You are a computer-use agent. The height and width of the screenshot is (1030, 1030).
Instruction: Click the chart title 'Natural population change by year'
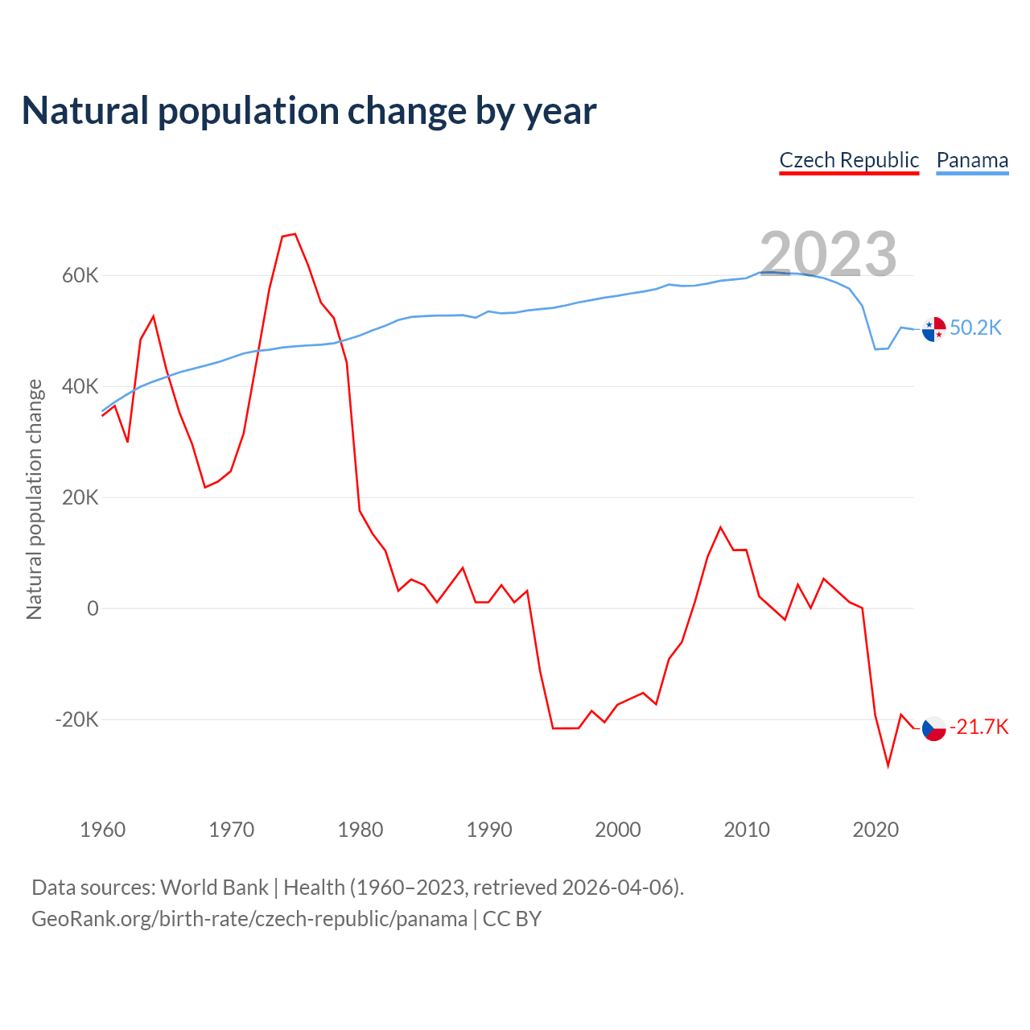point(309,111)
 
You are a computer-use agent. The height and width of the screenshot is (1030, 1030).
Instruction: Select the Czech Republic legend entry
point(849,160)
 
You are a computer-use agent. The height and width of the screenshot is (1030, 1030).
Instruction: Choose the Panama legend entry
point(972,160)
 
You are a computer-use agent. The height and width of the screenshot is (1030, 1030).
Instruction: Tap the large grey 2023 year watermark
point(828,253)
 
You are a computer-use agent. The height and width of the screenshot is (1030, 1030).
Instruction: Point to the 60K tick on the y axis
point(80,276)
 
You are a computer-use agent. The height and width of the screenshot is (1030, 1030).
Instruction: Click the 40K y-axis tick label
point(80,387)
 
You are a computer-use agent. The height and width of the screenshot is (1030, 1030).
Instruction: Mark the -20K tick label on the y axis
point(76,719)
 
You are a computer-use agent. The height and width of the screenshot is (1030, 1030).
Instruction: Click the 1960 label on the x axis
point(103,830)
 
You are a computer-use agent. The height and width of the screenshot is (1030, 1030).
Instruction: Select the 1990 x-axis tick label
point(489,830)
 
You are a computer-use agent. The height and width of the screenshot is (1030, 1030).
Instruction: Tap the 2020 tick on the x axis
point(875,830)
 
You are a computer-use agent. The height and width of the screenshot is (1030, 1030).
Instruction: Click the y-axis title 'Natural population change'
point(35,500)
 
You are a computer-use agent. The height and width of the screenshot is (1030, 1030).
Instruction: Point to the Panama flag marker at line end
point(933,329)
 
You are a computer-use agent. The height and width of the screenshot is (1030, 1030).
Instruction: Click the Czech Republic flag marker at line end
point(933,728)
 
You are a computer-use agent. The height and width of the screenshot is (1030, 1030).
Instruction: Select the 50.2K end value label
point(975,328)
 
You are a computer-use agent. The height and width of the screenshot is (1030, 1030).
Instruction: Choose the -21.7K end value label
point(978,727)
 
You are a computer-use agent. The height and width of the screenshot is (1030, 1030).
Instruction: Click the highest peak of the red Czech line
point(295,234)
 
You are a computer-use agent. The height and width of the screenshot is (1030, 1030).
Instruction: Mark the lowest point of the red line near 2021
point(888,765)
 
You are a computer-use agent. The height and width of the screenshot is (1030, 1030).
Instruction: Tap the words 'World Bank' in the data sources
point(214,888)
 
